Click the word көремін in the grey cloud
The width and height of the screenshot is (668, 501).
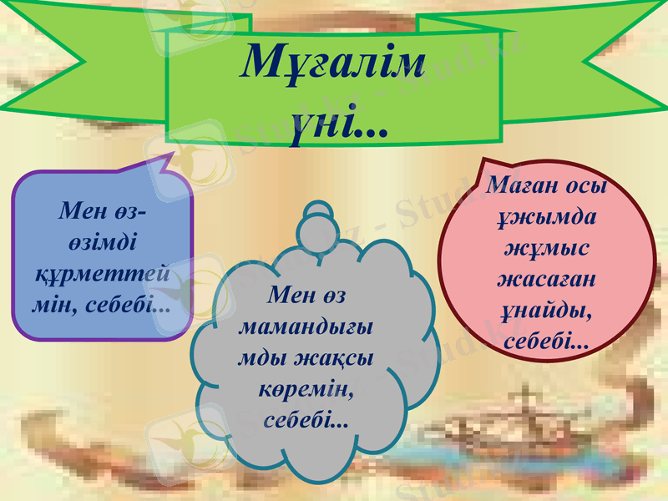click(x=306, y=389)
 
